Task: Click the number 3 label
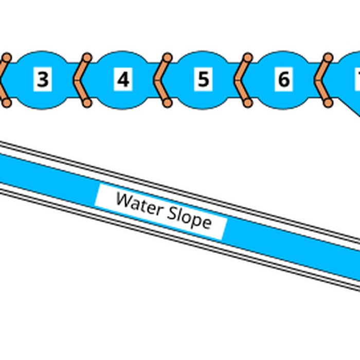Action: click(43, 80)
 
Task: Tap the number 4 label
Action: click(123, 80)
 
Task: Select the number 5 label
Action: click(204, 80)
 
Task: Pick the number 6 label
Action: click(283, 80)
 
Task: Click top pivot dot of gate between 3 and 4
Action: click(87, 57)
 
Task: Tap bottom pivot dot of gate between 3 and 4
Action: click(87, 103)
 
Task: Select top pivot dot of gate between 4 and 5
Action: click(167, 57)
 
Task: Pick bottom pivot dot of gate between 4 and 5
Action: click(167, 103)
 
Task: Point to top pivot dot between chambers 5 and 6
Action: click(247, 57)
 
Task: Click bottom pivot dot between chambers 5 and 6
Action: click(247, 103)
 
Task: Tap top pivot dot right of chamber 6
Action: click(328, 57)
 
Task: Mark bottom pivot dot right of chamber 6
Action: click(328, 103)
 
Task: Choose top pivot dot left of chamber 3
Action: click(7, 57)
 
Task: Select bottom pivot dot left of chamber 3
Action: click(7, 103)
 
